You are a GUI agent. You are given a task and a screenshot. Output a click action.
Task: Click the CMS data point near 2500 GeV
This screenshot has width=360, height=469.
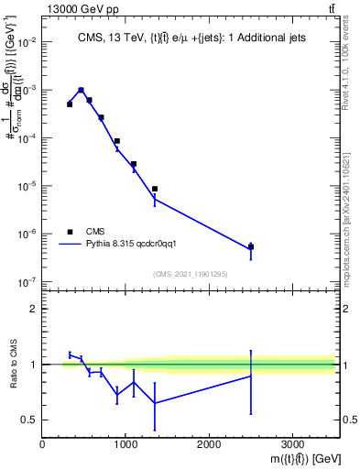point(251,247)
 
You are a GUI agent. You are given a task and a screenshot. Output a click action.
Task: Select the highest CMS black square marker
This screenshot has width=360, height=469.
point(82,91)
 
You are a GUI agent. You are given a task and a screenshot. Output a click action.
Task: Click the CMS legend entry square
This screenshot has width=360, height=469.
point(70,232)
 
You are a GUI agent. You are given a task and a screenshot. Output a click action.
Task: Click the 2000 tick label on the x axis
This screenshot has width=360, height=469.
point(209,444)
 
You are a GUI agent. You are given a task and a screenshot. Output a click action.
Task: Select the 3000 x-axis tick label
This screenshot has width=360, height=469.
point(292,444)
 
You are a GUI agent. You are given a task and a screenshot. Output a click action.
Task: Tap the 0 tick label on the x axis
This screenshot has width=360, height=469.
point(42,444)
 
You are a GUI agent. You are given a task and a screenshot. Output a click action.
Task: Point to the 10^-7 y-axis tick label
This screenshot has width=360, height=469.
point(27,282)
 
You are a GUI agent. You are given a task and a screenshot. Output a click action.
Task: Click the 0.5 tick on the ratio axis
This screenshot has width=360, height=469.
point(27,420)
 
